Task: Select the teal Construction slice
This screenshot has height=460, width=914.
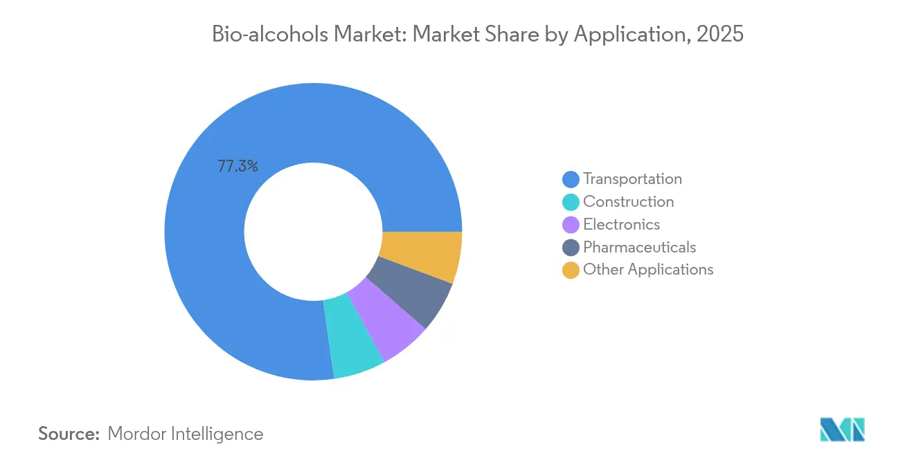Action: click(x=355, y=335)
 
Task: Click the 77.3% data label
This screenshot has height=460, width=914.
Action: click(x=238, y=166)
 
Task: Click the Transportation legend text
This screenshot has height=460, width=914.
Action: click(x=632, y=179)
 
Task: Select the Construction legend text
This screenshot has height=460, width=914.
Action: click(x=628, y=202)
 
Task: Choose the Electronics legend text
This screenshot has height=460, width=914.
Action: click(x=621, y=225)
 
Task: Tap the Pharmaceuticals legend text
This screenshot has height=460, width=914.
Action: click(x=639, y=248)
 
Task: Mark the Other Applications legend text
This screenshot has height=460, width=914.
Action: click(x=648, y=270)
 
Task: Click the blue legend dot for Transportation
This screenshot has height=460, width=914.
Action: click(x=571, y=180)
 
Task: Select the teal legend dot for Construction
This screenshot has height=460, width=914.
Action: click(x=571, y=203)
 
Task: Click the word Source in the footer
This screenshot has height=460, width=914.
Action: click(x=69, y=434)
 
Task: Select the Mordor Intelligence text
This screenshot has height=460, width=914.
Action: click(x=185, y=434)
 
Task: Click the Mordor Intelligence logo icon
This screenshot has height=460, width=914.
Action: click(x=842, y=430)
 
